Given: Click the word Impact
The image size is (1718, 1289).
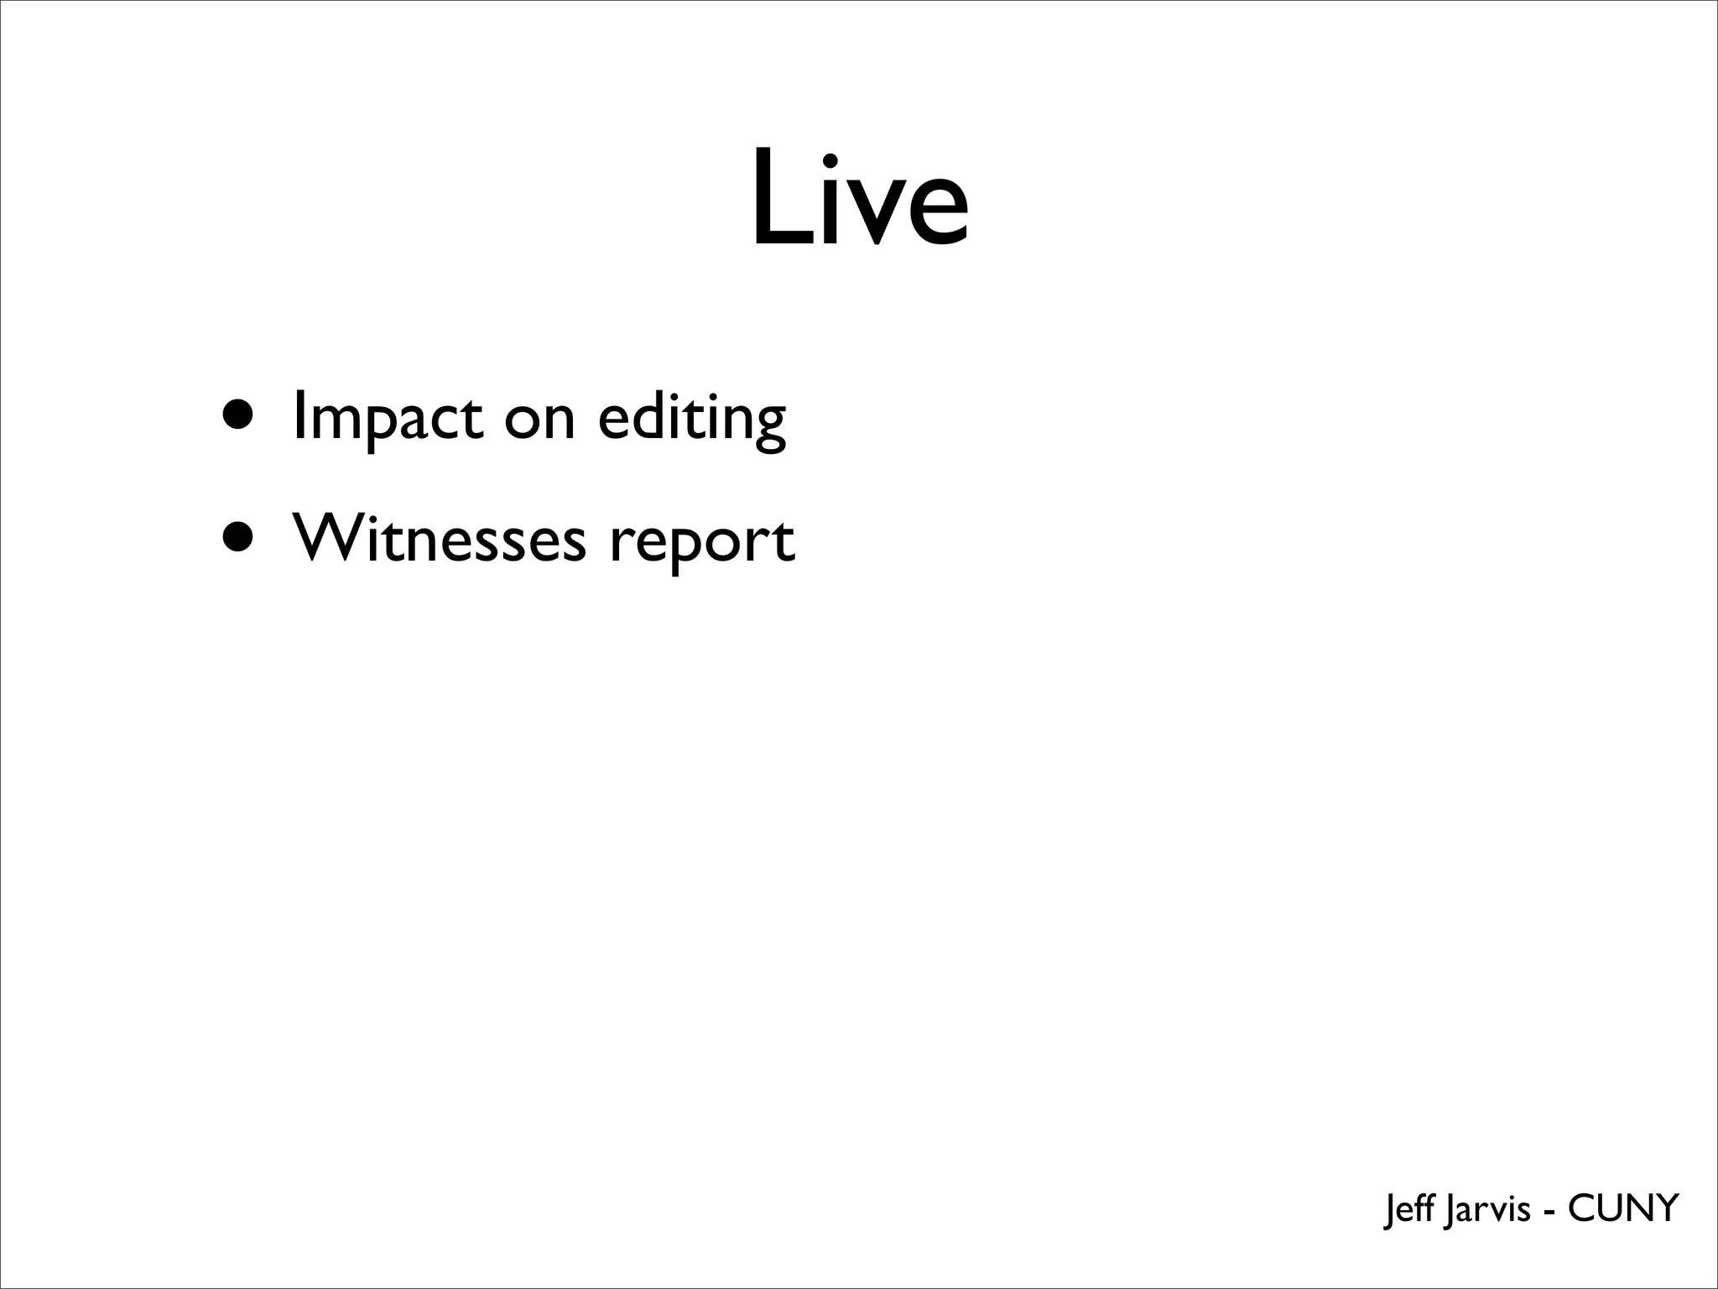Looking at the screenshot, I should tap(388, 417).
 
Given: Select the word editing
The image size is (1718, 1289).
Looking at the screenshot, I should tap(692, 417).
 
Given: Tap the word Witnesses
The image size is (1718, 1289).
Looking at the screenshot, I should tap(438, 539).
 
